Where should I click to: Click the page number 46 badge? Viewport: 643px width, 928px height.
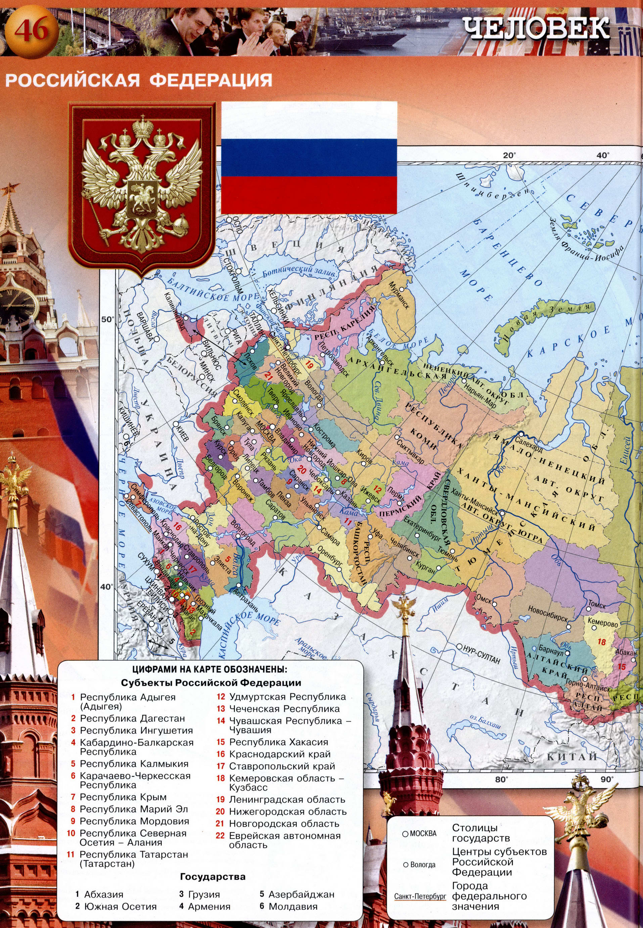coord(31,31)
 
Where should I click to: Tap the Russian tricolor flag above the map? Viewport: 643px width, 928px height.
coord(309,157)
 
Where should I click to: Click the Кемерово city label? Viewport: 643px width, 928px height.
coord(602,623)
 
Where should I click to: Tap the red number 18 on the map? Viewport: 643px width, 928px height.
coord(601,642)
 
